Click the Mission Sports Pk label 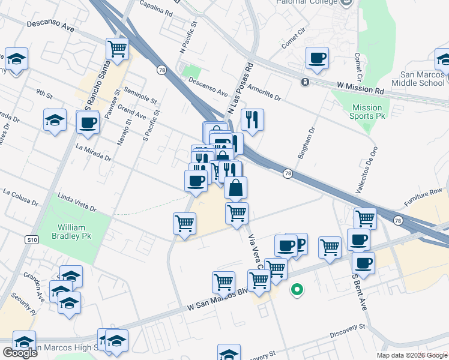point(367,112)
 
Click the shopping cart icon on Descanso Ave point(117,49)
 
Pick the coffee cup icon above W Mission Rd point(317,58)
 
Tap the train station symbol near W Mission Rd point(306,82)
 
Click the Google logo point(20,352)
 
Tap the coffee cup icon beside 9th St point(88,123)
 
